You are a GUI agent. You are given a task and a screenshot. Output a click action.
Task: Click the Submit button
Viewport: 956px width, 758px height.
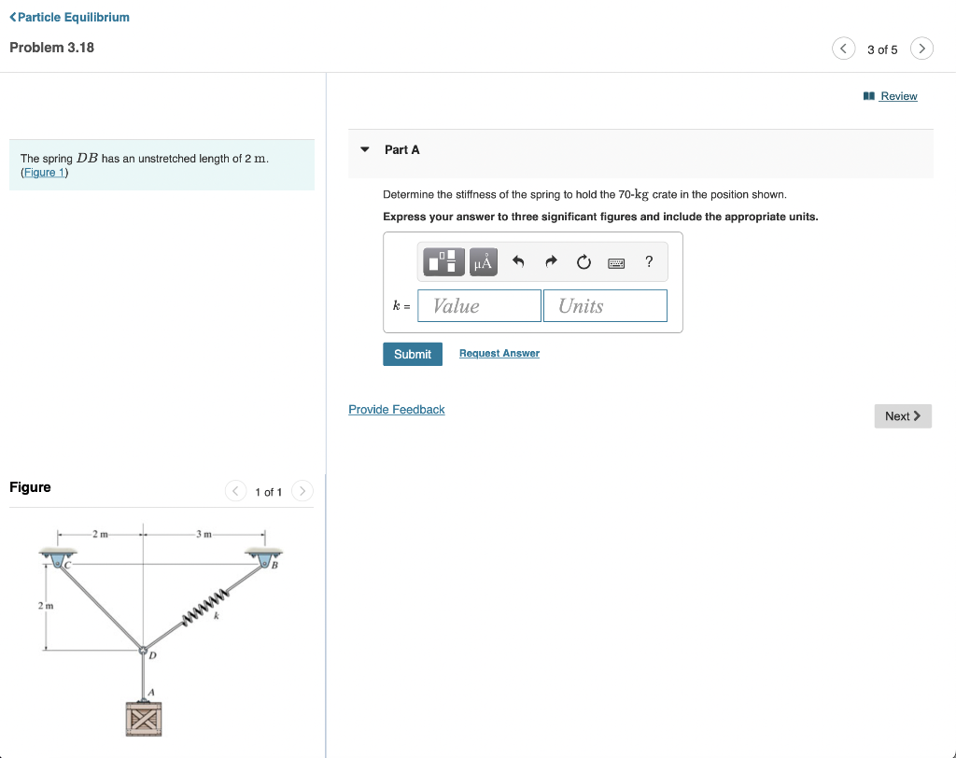point(412,354)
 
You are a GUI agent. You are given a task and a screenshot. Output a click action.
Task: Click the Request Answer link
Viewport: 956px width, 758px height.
point(499,353)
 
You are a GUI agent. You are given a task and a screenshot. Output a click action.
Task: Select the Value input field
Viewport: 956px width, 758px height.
point(479,306)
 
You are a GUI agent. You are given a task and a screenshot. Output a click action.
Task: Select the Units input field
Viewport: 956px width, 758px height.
point(605,306)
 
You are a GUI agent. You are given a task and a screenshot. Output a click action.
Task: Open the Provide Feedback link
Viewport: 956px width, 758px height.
point(396,410)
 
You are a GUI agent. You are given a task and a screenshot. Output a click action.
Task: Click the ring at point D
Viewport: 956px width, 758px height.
point(143,651)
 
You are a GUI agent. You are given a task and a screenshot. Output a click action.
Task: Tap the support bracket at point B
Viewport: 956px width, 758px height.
point(264,558)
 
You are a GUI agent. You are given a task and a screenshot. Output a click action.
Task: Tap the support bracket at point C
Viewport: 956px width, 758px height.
point(59,558)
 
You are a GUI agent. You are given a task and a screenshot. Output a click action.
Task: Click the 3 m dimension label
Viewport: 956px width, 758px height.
point(204,534)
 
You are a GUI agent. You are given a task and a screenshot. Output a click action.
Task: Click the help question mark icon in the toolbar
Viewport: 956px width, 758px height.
point(649,262)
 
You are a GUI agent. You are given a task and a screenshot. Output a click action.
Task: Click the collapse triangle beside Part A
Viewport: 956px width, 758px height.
point(365,149)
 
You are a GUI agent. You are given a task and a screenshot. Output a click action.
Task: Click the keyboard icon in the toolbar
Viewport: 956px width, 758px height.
point(616,263)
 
